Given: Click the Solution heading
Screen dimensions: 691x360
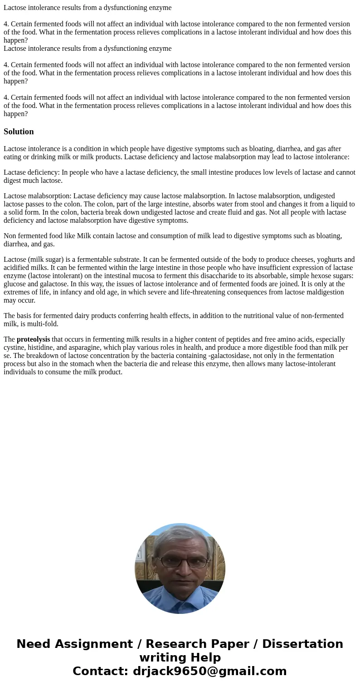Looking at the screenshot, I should (x=19, y=132).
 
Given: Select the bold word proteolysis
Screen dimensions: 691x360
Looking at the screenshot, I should (x=33, y=339).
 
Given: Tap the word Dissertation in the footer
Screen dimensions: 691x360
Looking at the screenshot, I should (x=302, y=644).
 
